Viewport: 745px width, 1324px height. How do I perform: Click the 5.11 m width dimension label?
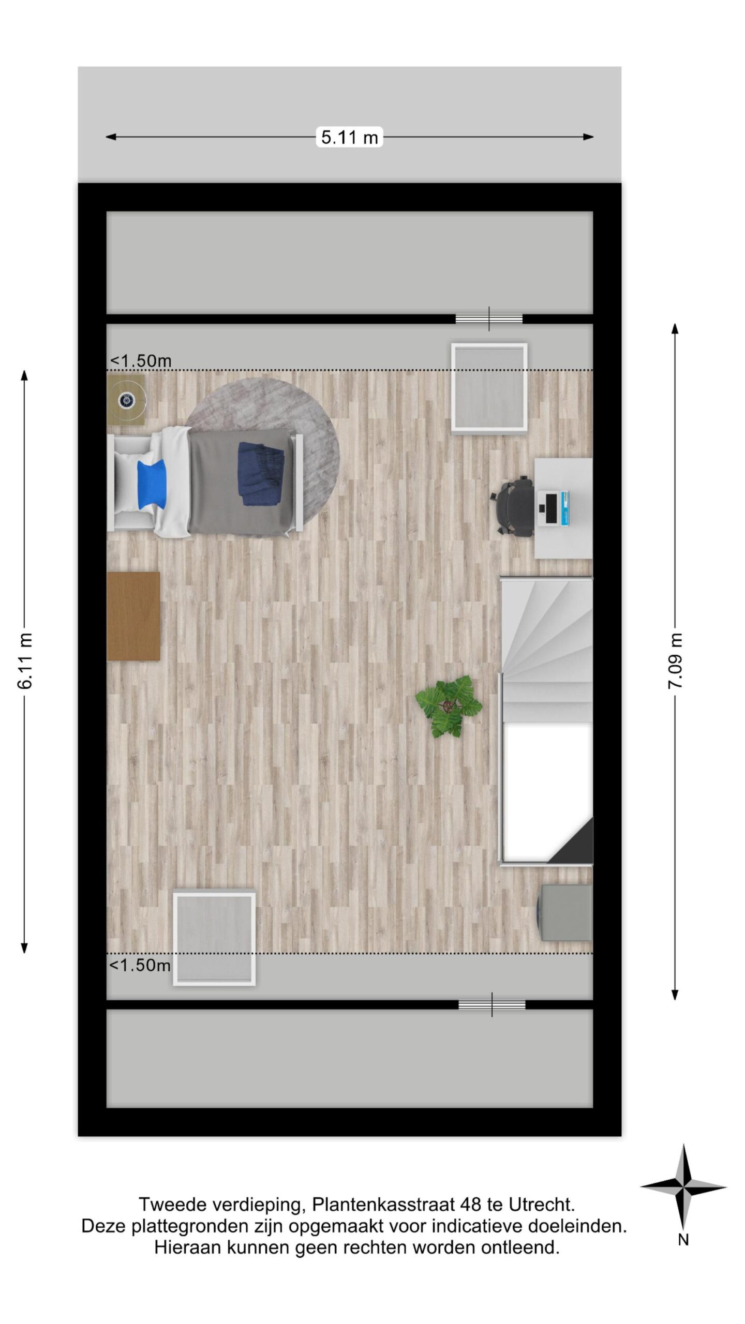coord(349,137)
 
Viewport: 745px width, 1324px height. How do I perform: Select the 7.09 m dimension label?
coord(675,660)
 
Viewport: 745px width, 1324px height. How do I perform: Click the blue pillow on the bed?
coord(152,484)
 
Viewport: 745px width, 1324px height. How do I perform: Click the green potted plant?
coord(448,705)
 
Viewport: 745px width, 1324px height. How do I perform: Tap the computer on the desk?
coord(554,508)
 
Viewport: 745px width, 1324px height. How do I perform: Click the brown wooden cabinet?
coord(133,616)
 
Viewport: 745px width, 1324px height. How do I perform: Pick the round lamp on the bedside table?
coord(126,400)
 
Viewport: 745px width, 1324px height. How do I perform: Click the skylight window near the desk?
coord(489,387)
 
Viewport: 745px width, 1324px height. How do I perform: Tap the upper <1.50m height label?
coord(140,360)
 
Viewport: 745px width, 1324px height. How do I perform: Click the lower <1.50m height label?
coord(140,965)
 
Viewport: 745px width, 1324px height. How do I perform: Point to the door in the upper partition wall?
coord(489,319)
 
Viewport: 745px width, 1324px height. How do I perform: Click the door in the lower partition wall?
coord(491,1005)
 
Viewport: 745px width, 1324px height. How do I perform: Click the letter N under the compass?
coord(683,1240)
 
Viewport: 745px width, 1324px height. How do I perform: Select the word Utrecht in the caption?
coord(542,1205)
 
